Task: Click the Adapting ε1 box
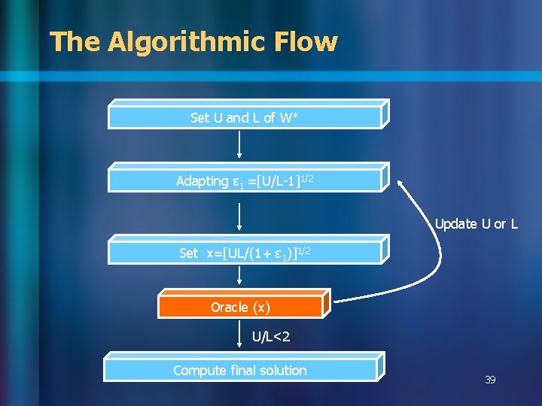[x=245, y=180]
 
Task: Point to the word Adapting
[x=202, y=181]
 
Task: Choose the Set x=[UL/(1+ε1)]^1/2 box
[x=245, y=253]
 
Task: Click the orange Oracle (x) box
[x=241, y=307]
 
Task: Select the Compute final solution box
[x=241, y=370]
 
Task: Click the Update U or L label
[x=477, y=224]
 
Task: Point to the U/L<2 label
[x=272, y=337]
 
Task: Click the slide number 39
[x=490, y=380]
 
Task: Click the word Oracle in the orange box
[x=230, y=307]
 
